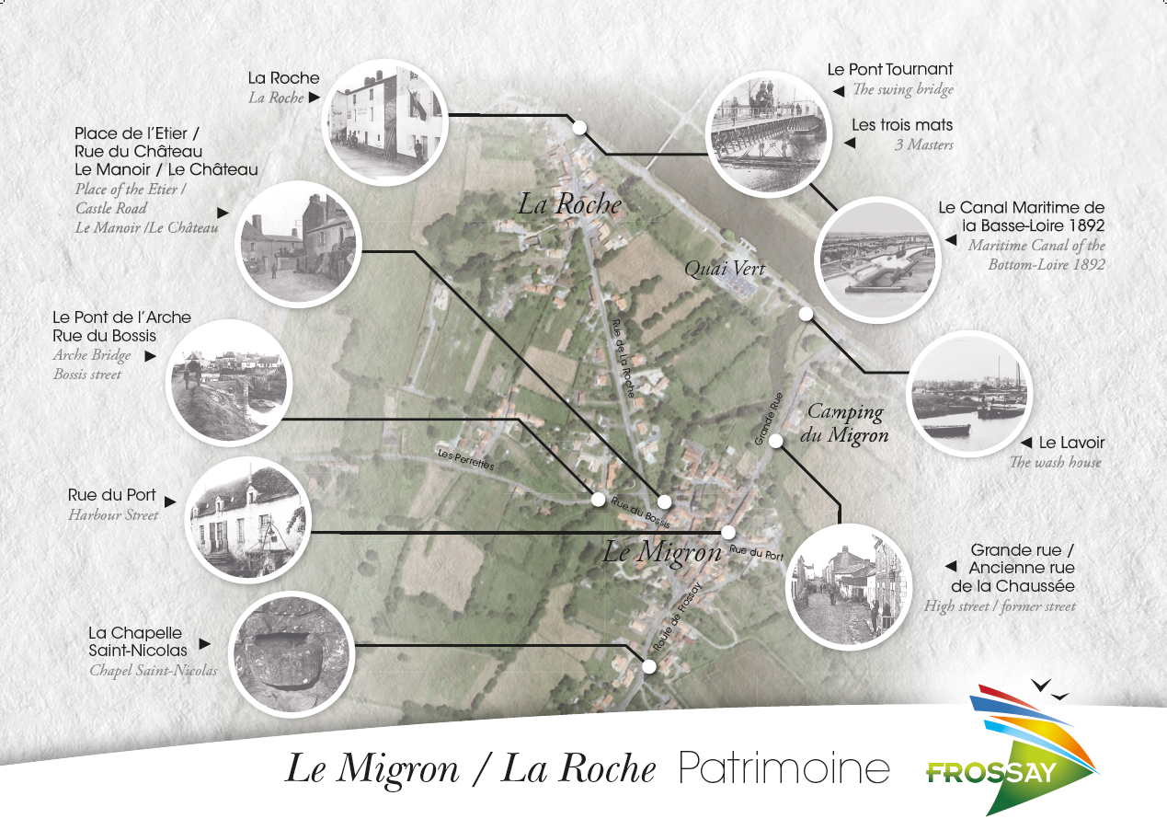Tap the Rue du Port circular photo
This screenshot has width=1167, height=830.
point(248,521)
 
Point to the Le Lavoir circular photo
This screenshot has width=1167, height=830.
point(969,394)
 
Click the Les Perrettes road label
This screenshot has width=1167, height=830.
point(465,460)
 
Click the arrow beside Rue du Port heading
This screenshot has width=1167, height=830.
point(170,501)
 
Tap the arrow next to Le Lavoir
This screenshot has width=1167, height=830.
point(1026,444)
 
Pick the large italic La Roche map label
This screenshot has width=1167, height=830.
point(569,204)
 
